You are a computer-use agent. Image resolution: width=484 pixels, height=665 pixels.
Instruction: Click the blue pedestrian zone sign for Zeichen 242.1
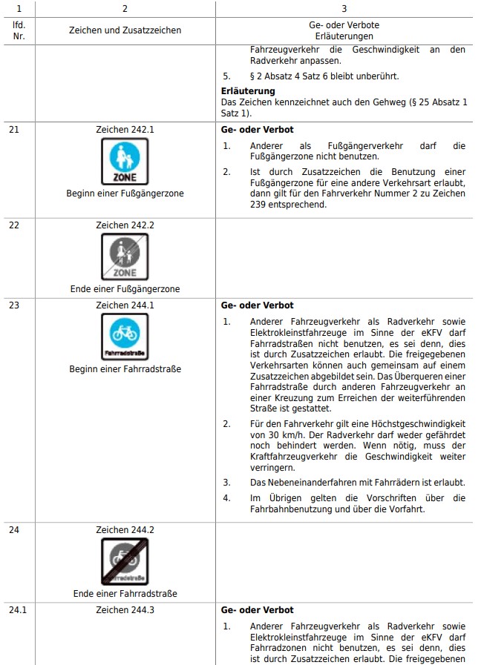[125, 162]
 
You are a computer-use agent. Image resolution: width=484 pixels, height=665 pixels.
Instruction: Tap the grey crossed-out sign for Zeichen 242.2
[125, 257]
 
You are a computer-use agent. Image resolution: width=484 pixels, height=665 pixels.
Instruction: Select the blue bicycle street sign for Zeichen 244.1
[125, 337]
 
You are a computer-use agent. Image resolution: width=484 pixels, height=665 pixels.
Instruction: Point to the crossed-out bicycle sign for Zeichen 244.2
[125, 561]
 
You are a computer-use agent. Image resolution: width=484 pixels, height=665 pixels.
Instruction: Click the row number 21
[14, 130]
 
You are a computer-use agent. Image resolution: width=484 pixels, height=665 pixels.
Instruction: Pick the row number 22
[14, 225]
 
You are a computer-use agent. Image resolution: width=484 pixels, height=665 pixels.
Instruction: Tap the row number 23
[14, 305]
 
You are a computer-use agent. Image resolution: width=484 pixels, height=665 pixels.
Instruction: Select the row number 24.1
[17, 610]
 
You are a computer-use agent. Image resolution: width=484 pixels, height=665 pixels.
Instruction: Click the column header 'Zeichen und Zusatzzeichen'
[125, 30]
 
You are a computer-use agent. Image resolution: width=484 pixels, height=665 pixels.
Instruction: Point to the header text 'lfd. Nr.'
[19, 30]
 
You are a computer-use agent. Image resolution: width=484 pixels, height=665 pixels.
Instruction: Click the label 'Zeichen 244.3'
[125, 610]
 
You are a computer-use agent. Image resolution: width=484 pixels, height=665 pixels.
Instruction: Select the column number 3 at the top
[344, 8]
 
